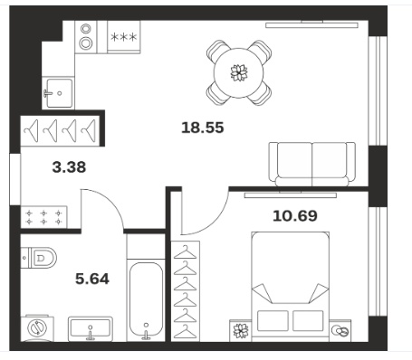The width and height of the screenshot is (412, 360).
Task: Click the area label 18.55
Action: tap(203, 128)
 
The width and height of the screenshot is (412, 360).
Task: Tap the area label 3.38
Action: tap(69, 167)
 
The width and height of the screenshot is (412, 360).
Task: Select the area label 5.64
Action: tap(92, 279)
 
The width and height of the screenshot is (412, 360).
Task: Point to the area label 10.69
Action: tap(295, 216)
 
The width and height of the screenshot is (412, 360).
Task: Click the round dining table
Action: tap(238, 72)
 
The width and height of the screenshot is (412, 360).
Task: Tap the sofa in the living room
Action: tap(311, 165)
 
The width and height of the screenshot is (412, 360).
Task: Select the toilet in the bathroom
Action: tap(39, 258)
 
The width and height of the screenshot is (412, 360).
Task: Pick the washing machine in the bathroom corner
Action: tap(37, 328)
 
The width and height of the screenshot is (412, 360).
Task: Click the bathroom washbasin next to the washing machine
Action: tap(91, 328)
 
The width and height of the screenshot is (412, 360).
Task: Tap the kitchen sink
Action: tap(58, 93)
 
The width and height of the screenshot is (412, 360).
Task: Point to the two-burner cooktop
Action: tap(86, 37)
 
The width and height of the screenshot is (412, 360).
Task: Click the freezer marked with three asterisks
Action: tap(124, 37)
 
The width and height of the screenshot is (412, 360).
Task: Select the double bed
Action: tap(290, 287)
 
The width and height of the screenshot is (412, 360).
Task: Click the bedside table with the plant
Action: tap(240, 331)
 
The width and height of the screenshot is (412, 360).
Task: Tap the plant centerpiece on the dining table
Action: tap(239, 72)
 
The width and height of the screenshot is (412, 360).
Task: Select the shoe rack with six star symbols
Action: tap(43, 217)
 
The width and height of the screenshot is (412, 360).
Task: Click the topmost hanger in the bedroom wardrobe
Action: tap(185, 252)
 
